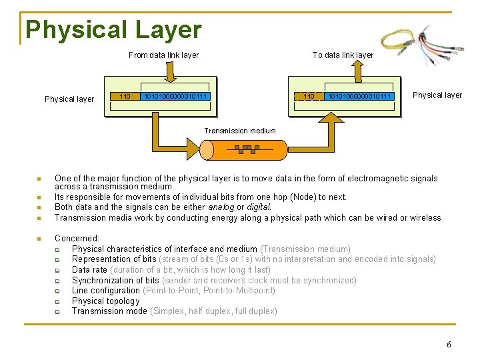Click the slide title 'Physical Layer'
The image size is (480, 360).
(113, 30)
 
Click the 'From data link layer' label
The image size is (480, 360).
(163, 55)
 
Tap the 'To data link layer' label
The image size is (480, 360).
(343, 55)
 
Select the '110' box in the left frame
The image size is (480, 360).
(124, 97)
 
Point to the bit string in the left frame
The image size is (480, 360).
(176, 97)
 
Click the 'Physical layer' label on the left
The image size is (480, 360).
(69, 99)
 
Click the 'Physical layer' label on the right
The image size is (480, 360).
(437, 95)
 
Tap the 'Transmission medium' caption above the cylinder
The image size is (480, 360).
(240, 131)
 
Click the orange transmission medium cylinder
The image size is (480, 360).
(247, 150)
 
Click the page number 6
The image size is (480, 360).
(449, 345)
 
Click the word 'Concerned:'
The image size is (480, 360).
(77, 238)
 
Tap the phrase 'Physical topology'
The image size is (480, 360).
(106, 301)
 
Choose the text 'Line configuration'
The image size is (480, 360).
(106, 291)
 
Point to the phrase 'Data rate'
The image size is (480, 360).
(89, 269)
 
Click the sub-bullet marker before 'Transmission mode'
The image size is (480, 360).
(58, 311)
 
